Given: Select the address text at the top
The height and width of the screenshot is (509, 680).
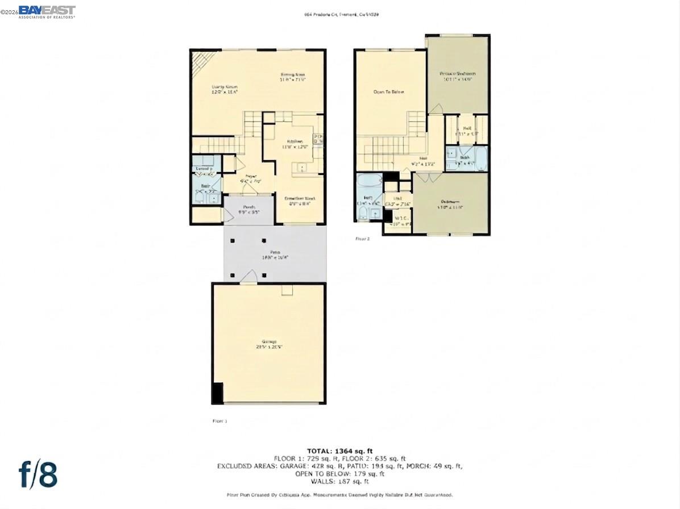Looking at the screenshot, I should tap(341, 14).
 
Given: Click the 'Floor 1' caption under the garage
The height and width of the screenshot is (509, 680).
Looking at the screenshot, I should tap(219, 421).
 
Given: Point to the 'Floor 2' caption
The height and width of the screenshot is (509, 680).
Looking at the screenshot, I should tap(362, 239).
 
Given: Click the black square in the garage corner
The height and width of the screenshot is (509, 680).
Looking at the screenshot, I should tap(217, 393).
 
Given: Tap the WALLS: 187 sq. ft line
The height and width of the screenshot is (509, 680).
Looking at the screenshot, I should tap(339, 481).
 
